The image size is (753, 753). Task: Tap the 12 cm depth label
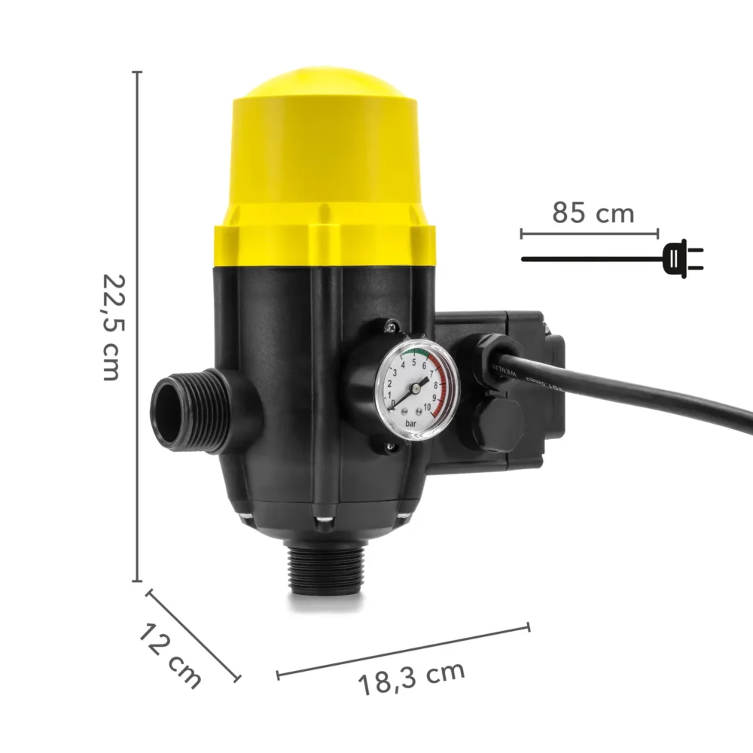pos(170,653)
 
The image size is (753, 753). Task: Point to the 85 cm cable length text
pos(593,213)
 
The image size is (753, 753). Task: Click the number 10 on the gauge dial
pos(428,407)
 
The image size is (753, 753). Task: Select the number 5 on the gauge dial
pos(413,362)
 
